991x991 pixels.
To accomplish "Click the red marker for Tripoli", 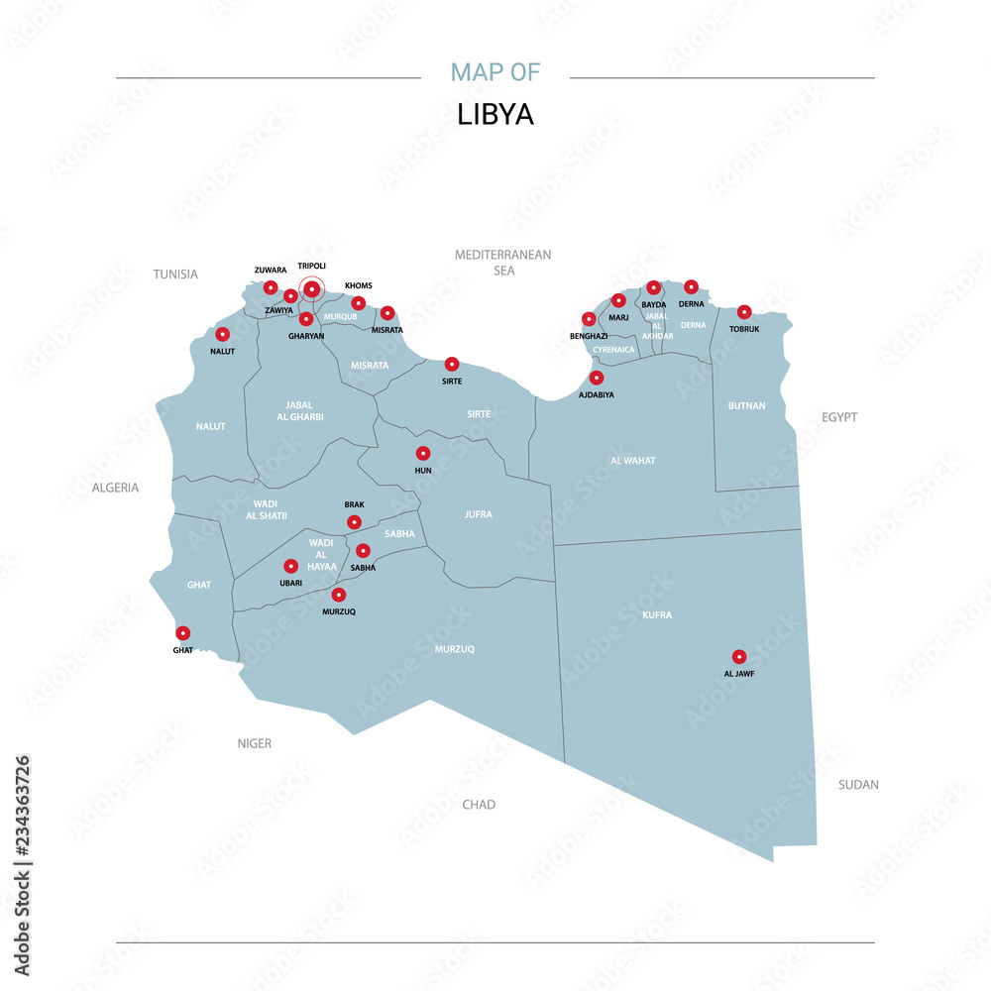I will click(x=312, y=288).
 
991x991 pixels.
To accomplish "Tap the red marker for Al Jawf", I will click(x=738, y=656).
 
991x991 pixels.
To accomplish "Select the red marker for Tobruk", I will click(x=744, y=312).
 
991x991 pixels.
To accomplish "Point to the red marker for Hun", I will click(x=423, y=453).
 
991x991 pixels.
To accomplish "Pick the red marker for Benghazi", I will click(x=589, y=319).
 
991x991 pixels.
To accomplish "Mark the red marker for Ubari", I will click(x=290, y=566).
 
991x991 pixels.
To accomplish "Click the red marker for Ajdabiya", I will click(x=597, y=378).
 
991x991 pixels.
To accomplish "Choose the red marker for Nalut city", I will click(x=223, y=335).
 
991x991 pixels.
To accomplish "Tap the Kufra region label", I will click(x=657, y=615).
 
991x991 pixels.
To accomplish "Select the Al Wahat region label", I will click(x=633, y=461).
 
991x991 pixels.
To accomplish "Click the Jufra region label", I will click(x=479, y=514).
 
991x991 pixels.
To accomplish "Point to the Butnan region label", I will click(x=746, y=405).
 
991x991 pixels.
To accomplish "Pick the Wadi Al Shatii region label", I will click(x=265, y=509).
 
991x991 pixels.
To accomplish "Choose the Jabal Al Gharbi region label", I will click(x=298, y=410).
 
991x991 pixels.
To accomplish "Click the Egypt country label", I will click(x=838, y=417).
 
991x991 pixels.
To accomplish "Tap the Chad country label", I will click(x=479, y=805).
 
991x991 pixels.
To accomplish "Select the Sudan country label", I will click(x=858, y=785).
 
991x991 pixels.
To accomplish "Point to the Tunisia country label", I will click(x=175, y=275).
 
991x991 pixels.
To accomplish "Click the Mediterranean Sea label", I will click(x=502, y=263).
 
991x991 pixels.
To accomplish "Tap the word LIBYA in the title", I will click(x=495, y=115).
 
